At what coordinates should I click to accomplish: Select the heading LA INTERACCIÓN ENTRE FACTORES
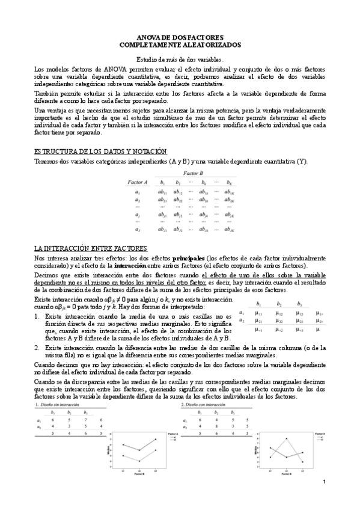click(x=91, y=248)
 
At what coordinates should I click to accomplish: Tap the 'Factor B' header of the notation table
click(x=193, y=173)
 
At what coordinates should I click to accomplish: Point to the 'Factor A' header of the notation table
click(x=138, y=182)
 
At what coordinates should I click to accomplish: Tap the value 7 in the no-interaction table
click(x=87, y=420)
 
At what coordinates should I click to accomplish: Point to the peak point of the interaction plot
click(x=287, y=439)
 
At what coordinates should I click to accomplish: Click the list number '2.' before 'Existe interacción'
click(x=37, y=348)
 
